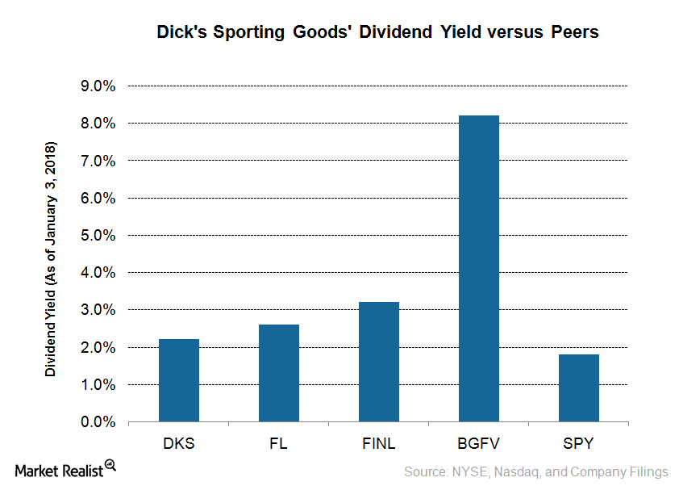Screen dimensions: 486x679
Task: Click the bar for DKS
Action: pos(179,380)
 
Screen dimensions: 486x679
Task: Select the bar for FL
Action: pos(279,373)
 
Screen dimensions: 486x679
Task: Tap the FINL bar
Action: pos(379,362)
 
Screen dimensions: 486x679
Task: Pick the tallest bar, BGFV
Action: pos(479,269)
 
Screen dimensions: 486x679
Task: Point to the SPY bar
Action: pos(579,388)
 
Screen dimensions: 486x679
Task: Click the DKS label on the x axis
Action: pos(179,443)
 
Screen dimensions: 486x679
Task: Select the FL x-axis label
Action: pos(279,443)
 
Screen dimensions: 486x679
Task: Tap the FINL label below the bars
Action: pos(379,443)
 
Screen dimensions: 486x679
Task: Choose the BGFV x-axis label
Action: pos(479,443)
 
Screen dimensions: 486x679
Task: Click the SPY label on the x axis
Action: pos(579,443)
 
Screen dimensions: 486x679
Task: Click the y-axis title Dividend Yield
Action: pos(51,261)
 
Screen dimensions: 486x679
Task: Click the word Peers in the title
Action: pos(575,33)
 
